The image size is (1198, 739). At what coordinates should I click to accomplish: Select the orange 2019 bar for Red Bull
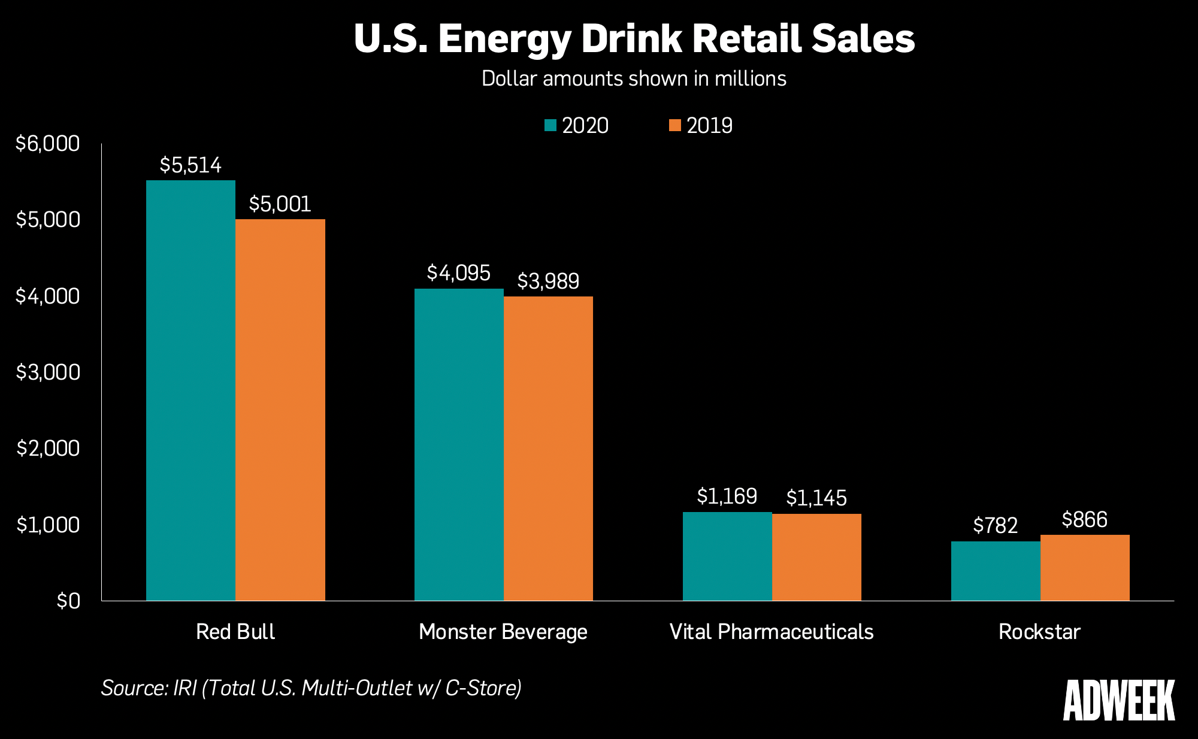pos(280,410)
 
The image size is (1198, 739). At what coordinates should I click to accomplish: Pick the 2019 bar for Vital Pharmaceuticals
pos(816,557)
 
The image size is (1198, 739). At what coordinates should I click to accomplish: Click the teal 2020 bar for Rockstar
pos(996,571)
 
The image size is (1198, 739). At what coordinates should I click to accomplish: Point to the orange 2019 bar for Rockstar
pos(1085,568)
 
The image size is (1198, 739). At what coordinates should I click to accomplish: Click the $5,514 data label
pos(190,165)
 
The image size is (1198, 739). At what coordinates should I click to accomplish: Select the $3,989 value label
pos(548,281)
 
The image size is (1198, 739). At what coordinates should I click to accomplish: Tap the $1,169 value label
pos(727,496)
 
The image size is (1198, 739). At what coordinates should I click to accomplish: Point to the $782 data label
pos(996,525)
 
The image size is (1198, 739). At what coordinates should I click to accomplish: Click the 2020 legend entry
pos(576,126)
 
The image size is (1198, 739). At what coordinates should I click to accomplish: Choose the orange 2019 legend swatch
pos(675,126)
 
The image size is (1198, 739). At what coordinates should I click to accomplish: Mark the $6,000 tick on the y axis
pos(47,144)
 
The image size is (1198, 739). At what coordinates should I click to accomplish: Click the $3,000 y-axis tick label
pos(47,372)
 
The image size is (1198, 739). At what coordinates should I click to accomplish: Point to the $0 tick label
pos(68,601)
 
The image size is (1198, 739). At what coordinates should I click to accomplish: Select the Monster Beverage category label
pos(503,632)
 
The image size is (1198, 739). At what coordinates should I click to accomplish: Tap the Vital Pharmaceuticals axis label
pos(772,632)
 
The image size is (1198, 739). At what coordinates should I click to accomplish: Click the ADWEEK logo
pos(1118,700)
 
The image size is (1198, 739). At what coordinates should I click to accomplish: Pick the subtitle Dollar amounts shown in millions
pos(634,79)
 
